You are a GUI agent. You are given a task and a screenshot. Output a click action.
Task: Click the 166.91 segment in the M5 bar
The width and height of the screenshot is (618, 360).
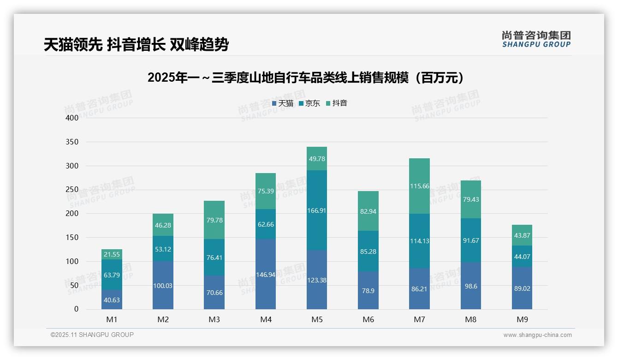click(317, 210)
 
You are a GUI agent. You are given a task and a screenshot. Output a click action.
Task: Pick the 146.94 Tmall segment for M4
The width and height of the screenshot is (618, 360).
click(266, 274)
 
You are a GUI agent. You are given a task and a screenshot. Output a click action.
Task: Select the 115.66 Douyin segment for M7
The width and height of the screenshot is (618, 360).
click(419, 186)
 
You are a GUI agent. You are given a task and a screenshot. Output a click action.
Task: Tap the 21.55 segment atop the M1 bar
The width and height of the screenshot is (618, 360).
click(112, 254)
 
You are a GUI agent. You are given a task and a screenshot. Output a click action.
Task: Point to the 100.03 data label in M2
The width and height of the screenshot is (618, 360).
click(163, 286)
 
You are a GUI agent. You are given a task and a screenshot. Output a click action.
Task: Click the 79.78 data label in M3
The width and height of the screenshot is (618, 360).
click(214, 220)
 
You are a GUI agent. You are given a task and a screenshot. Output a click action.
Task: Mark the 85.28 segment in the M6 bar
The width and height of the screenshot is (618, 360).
click(368, 251)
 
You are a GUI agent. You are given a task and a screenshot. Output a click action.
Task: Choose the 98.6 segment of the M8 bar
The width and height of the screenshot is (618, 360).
click(471, 286)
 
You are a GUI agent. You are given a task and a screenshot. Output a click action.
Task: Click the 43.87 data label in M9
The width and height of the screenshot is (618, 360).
click(522, 235)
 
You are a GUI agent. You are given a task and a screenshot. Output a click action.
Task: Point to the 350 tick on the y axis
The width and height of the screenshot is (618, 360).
click(72, 142)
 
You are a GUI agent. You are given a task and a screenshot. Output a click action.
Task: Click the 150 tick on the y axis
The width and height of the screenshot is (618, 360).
click(72, 237)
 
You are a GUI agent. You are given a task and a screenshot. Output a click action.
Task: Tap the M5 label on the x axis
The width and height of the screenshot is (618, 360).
click(317, 319)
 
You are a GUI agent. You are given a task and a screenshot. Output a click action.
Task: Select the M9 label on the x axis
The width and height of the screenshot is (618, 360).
click(522, 319)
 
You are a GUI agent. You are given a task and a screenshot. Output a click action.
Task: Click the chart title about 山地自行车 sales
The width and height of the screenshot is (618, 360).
click(305, 78)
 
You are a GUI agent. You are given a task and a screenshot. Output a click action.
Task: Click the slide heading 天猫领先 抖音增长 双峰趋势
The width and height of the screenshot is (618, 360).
click(136, 44)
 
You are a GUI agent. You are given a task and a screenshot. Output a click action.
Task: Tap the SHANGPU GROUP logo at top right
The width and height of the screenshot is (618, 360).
click(536, 39)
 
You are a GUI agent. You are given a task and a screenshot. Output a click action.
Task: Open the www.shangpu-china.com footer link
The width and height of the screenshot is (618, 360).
click(537, 335)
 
